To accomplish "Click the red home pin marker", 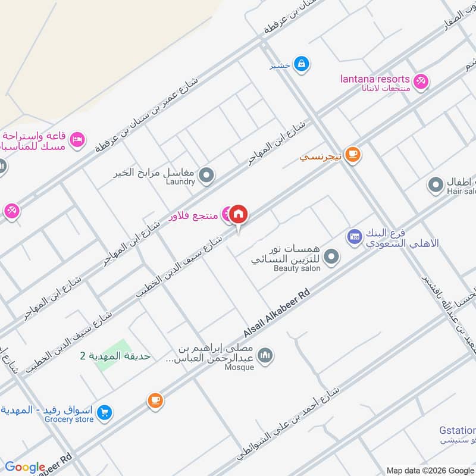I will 239,214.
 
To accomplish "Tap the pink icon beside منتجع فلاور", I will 227,214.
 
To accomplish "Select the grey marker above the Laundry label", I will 206,175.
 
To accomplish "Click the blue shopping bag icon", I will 302,62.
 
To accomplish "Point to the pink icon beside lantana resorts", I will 421,81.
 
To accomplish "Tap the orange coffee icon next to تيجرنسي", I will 353,155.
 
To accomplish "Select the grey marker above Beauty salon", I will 332,257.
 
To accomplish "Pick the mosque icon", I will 266,355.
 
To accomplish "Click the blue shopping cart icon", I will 105,412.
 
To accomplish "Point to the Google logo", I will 25,467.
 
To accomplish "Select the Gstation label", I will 458,430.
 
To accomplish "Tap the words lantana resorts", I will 375,79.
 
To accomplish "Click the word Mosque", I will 239,367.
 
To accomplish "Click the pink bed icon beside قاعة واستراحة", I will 77,139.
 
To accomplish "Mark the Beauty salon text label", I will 297,268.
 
